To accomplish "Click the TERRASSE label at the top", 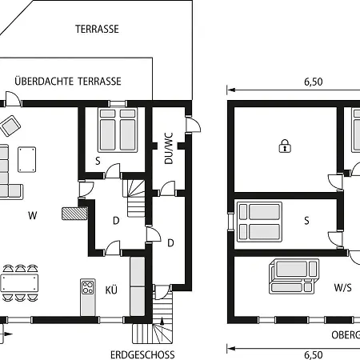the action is pos(97,29).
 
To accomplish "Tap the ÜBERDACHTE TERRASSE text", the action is pos(68,81).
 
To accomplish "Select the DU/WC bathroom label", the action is pos(169,148).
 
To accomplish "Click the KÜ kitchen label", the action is pos(111,290).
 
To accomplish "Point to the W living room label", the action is pos(33,215).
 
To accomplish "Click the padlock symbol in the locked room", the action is pos(285,146).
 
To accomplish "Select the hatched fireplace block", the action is pos(74,214).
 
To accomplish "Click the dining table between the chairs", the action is pos(19,283).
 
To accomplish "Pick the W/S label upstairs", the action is pos(342,287).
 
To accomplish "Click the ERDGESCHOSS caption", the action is pos(142,355).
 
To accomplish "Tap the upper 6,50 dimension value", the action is pos(314,82).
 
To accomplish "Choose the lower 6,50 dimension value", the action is pos(314,355).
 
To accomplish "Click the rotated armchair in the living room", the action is pos(10,126).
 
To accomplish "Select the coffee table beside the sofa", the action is pos(27,159).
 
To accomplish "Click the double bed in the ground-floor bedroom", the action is pos(118,130).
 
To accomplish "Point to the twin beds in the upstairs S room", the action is pos(259,222).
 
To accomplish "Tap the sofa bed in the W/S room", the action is pos(294,276).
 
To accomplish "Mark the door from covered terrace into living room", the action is pos(13,98).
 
